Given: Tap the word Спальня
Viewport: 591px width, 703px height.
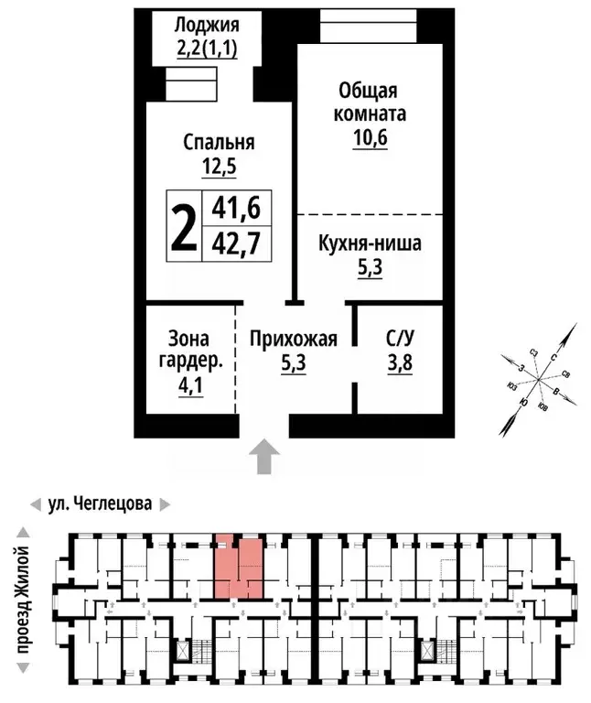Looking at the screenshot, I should click(x=219, y=142).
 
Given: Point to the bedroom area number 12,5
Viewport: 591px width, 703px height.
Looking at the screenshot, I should click(x=219, y=167).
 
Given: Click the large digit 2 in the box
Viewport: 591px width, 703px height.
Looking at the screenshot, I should click(x=184, y=225).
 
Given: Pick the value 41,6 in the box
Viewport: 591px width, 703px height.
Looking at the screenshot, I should click(x=236, y=209).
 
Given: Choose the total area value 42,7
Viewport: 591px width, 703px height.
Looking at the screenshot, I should click(x=236, y=243).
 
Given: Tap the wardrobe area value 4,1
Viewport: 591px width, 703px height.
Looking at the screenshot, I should click(x=192, y=385).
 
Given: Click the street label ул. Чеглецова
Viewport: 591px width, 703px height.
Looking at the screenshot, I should click(x=100, y=503).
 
